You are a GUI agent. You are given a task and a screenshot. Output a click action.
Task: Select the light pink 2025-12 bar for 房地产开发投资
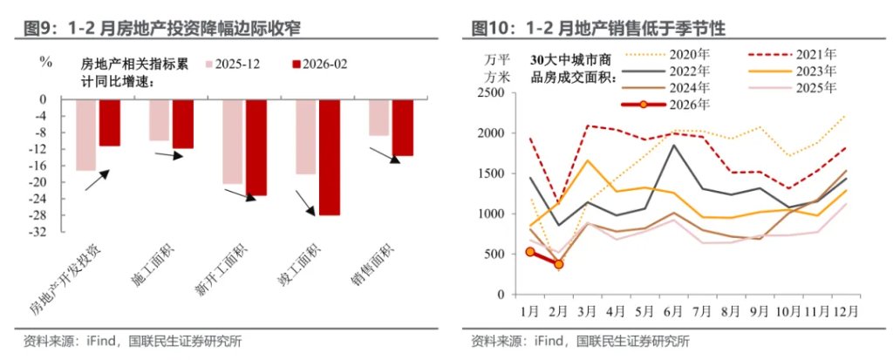[x=85, y=135]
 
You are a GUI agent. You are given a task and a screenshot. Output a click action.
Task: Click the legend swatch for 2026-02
[x=297, y=65]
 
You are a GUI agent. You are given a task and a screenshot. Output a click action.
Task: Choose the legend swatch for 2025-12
[x=209, y=65]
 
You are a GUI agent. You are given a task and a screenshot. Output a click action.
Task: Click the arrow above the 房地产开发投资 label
[x=97, y=180]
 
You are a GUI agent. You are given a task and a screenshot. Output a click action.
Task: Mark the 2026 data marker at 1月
[x=530, y=252]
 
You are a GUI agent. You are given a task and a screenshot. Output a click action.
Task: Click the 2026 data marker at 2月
[x=558, y=264]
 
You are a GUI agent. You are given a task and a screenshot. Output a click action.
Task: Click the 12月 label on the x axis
[x=844, y=309]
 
